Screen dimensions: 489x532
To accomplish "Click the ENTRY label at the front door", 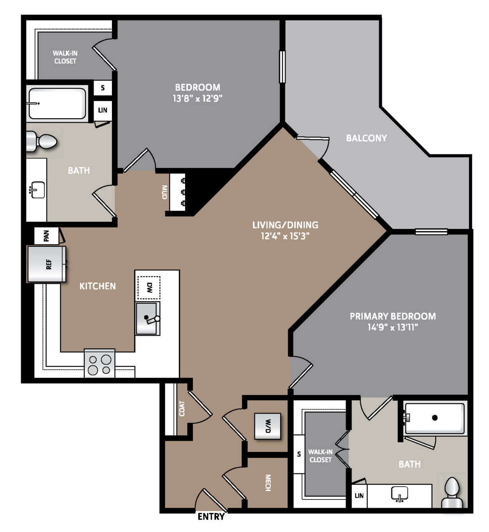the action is pyautogui.click(x=211, y=516).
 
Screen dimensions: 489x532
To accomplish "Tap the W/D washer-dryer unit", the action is pyautogui.click(x=268, y=426).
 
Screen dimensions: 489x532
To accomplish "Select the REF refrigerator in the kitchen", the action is pyautogui.click(x=47, y=264).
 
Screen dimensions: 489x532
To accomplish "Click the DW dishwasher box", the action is pyautogui.click(x=149, y=288).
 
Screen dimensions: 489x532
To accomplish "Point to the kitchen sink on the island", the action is pyautogui.click(x=147, y=319).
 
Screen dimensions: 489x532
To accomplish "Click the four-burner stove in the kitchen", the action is pyautogui.click(x=100, y=364).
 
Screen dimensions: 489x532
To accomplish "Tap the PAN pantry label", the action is pyautogui.click(x=46, y=236).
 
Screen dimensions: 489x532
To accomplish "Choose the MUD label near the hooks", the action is pyautogui.click(x=164, y=192).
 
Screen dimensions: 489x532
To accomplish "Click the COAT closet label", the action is pyautogui.click(x=182, y=409).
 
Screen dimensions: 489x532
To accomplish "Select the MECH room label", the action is pyautogui.click(x=268, y=483).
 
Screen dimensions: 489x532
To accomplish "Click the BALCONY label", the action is pyautogui.click(x=366, y=138).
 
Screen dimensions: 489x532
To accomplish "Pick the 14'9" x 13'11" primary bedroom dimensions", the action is pyautogui.click(x=393, y=327).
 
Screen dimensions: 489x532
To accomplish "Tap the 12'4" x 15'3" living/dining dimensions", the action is pyautogui.click(x=285, y=236).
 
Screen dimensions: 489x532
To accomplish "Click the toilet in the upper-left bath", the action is pyautogui.click(x=42, y=141).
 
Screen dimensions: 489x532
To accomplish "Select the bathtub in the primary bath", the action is pyautogui.click(x=434, y=419).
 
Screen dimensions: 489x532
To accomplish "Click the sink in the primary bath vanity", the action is pyautogui.click(x=399, y=494).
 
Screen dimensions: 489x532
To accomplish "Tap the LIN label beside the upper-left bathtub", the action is pyautogui.click(x=103, y=110).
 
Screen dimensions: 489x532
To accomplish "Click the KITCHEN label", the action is pyautogui.click(x=98, y=286).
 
